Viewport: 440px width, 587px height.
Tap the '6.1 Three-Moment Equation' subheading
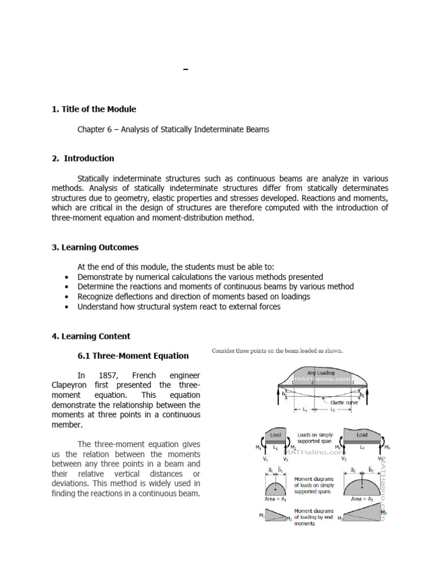133,355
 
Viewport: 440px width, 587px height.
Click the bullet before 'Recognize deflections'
68,297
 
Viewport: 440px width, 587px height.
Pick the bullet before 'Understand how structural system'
68,307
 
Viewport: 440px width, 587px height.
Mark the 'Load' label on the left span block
276,435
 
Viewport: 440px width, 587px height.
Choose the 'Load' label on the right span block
362,435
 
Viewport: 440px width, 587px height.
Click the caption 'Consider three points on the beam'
277,350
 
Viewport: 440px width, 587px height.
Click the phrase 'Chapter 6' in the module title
95,130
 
